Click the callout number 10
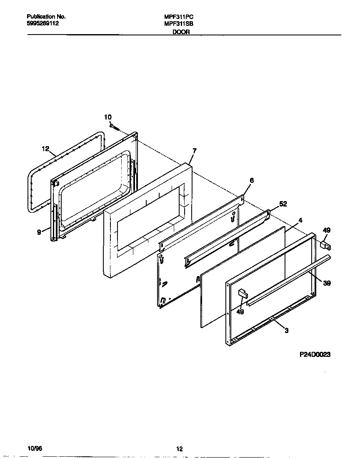point(108,117)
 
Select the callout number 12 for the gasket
point(45,148)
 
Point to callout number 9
point(39,232)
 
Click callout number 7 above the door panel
point(194,150)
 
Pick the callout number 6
point(251,180)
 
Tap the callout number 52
point(283,204)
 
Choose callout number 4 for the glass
point(300,220)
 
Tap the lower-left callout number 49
point(240,311)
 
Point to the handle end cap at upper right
point(325,244)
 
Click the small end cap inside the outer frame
point(242,294)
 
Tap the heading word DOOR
point(181,32)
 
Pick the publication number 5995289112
point(43,24)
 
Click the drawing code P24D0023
point(315,354)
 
